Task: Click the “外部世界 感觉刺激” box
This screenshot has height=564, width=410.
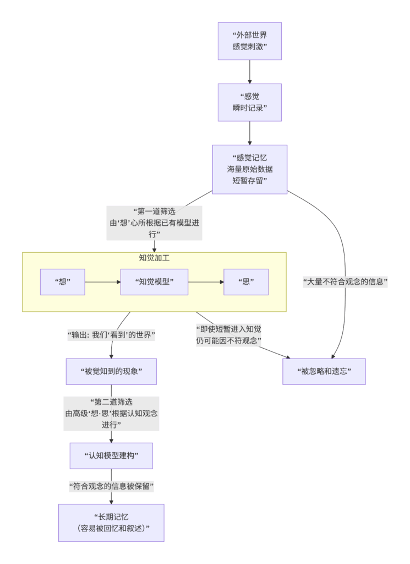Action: pos(249,41)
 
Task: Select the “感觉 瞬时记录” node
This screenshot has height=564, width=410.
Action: pos(249,102)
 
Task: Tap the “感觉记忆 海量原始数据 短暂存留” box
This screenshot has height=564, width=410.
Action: pos(249,169)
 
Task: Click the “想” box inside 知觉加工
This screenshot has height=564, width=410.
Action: pos(62,282)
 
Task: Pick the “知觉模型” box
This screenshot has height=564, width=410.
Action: pos(154,282)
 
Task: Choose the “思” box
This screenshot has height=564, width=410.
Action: pos(245,282)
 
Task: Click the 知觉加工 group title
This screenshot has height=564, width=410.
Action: pos(154,258)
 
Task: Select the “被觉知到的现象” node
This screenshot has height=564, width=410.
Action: pos(111,371)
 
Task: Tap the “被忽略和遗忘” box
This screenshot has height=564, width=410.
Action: pos(324,371)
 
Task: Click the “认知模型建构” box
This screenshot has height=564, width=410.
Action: pos(111,455)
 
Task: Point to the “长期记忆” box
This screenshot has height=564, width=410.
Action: pos(111,523)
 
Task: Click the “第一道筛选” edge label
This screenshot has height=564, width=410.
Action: pos(154,223)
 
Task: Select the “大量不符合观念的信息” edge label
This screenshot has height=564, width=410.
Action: pos(346,282)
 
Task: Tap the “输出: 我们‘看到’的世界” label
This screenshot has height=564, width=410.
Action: pos(111,335)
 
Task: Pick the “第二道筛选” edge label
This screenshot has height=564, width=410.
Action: pos(111,413)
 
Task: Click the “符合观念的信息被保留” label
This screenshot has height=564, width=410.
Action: pos(111,486)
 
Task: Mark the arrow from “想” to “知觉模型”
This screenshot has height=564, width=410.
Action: pos(102,282)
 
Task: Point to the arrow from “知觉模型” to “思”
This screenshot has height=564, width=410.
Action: pos(206,282)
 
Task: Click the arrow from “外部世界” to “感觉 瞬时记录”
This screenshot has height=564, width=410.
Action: pos(249,72)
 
